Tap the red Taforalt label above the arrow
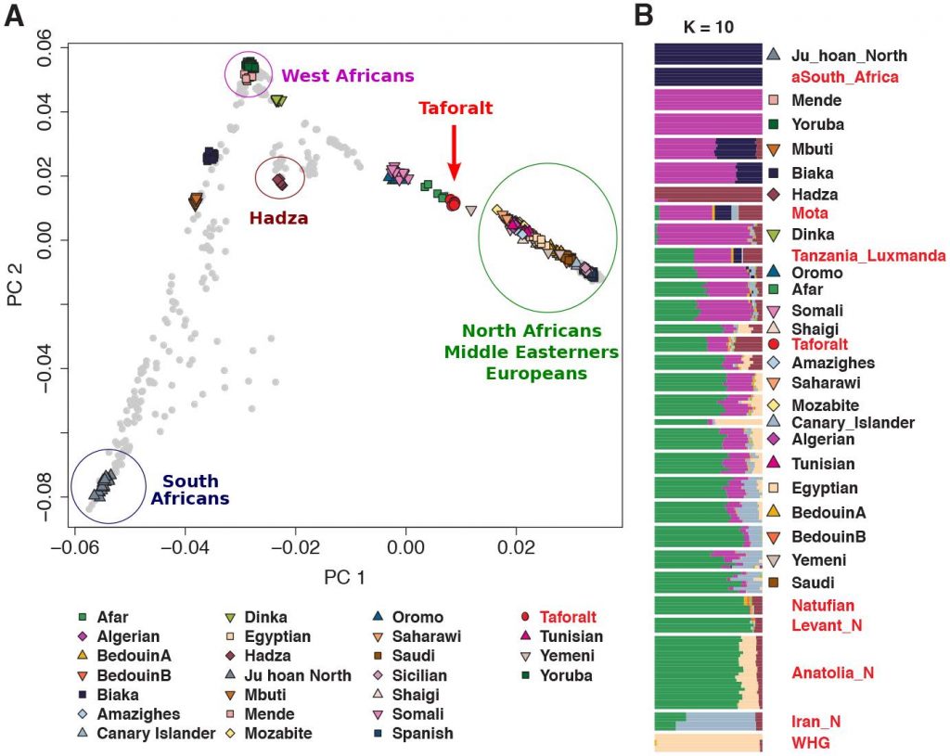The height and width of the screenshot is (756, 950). (x=456, y=109)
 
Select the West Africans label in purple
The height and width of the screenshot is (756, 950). (x=348, y=75)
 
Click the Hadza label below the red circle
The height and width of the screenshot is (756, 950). (x=278, y=218)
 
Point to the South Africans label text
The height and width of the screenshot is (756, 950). (x=190, y=490)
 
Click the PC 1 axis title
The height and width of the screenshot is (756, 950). (x=343, y=577)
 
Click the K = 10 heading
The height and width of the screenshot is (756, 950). (x=708, y=26)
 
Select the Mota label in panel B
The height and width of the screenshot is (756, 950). (x=810, y=213)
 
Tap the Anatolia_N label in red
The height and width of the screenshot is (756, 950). (x=832, y=673)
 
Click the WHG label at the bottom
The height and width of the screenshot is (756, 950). (x=809, y=743)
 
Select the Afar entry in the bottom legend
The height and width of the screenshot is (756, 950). (x=111, y=618)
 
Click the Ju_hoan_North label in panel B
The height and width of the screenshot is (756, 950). (x=849, y=56)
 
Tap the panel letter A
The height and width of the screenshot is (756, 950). (x=15, y=18)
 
